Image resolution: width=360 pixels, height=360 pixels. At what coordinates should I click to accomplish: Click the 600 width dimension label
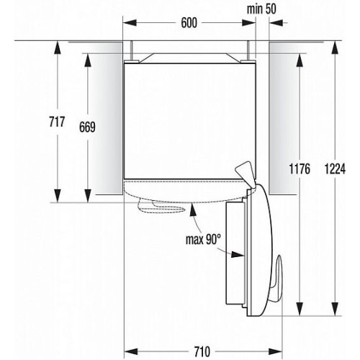pos(189,23)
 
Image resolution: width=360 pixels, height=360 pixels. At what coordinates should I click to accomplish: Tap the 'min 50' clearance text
pos(261,9)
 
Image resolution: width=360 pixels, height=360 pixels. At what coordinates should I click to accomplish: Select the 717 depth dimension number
pos(57,122)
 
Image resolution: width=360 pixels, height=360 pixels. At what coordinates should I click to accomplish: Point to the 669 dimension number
pos(87,127)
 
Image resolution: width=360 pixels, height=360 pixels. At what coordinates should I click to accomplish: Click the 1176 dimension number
pos(300,168)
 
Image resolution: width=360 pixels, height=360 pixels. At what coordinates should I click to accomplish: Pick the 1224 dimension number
pos(335,168)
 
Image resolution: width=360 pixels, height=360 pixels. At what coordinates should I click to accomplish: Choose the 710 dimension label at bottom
pos(202,352)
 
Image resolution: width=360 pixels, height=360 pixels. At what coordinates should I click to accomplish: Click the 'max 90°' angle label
pos(203,239)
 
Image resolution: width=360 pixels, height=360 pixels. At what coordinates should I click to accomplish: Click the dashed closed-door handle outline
pos(161,207)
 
